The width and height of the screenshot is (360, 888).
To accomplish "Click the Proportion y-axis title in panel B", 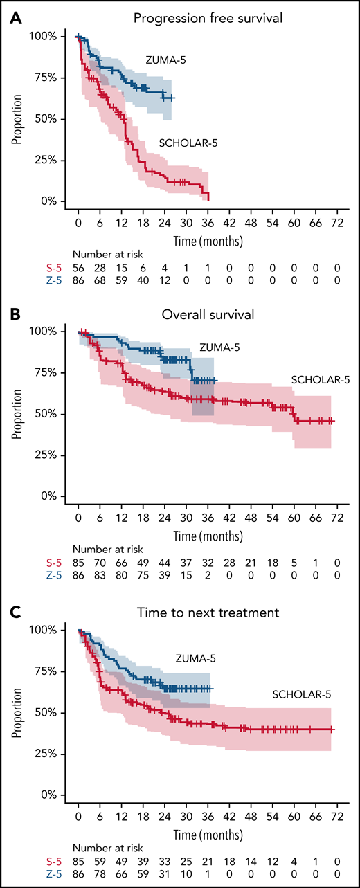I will pyautogui.click(x=16, y=414).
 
